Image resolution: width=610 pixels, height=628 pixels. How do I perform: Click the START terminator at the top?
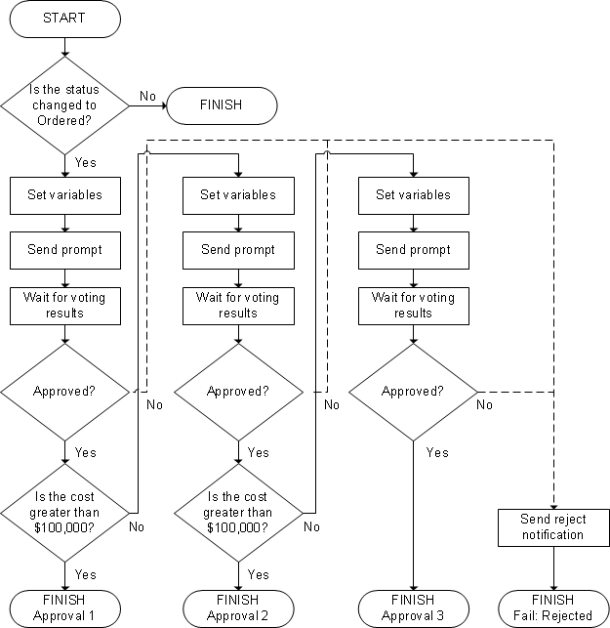tap(64, 19)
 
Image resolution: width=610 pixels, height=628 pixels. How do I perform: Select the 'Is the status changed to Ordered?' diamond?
tap(64, 105)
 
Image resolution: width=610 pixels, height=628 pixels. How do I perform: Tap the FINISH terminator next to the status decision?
tap(221, 105)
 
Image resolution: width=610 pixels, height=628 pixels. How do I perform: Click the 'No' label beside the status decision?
tap(147, 96)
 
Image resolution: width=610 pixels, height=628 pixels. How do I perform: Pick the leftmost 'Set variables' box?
tap(64, 194)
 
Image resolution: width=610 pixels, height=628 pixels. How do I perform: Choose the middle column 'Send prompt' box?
tap(238, 250)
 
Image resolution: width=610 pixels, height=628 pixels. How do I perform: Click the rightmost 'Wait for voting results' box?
tap(413, 306)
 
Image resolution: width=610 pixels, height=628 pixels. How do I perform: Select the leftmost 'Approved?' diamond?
tap(64, 392)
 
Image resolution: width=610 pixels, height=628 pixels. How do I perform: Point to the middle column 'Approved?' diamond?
tap(238, 392)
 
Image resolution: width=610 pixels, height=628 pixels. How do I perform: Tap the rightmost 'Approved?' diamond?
tap(413, 392)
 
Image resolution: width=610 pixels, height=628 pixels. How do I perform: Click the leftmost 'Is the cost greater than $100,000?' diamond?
tap(64, 511)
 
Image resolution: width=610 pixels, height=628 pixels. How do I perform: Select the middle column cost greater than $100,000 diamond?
tap(238, 511)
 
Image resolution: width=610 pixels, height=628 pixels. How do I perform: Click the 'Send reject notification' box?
tap(553, 527)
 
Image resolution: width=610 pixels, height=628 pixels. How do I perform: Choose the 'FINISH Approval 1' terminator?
tap(64, 607)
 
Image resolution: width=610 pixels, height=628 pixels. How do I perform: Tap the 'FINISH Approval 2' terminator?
tap(238, 607)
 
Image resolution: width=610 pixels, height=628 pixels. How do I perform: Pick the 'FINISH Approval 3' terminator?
tap(413, 607)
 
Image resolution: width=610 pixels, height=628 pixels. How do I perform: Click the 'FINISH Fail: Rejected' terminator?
tap(553, 607)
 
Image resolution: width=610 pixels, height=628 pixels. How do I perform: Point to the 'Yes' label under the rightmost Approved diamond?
tap(437, 452)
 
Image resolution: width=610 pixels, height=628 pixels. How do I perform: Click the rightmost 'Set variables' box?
tap(413, 194)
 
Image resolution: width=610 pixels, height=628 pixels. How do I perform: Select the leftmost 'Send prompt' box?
tap(64, 250)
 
